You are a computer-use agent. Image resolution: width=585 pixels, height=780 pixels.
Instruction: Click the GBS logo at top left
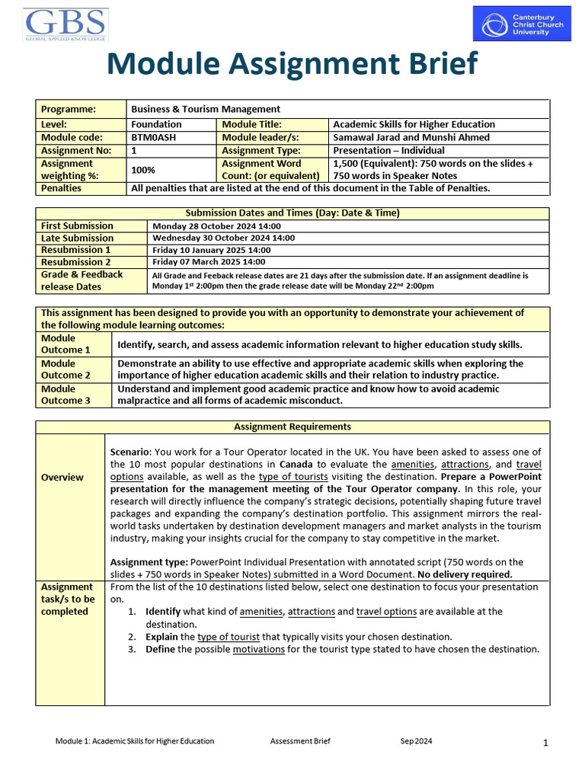pyautogui.click(x=66, y=24)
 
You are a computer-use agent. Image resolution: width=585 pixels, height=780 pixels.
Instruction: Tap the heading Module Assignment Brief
pyautogui.click(x=292, y=64)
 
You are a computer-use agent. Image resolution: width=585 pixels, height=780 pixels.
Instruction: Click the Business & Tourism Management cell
pyautogui.click(x=206, y=109)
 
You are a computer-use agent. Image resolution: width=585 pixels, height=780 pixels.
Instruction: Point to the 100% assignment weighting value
pyautogui.click(x=143, y=169)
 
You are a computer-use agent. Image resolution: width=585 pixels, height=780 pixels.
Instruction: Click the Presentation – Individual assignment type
pyautogui.click(x=388, y=151)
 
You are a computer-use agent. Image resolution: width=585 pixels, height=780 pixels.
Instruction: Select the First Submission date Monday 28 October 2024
pyautogui.click(x=217, y=226)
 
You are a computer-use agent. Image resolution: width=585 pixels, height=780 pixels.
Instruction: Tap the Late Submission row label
pyautogui.click(x=77, y=238)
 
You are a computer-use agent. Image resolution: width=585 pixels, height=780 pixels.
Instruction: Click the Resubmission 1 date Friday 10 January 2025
pyautogui.click(x=212, y=250)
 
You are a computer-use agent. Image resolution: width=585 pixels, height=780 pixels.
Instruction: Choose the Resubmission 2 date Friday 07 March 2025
pyautogui.click(x=209, y=262)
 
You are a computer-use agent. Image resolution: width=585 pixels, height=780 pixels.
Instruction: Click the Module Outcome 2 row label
pyautogui.click(x=66, y=369)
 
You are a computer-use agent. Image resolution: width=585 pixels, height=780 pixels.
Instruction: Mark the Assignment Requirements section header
pyautogui.click(x=292, y=427)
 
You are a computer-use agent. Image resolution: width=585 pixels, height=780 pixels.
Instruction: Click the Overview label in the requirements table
pyautogui.click(x=62, y=478)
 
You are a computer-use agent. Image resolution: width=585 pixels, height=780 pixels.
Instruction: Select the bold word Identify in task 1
pyautogui.click(x=163, y=612)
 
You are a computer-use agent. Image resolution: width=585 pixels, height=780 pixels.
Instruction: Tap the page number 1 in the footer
pyautogui.click(x=546, y=743)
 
